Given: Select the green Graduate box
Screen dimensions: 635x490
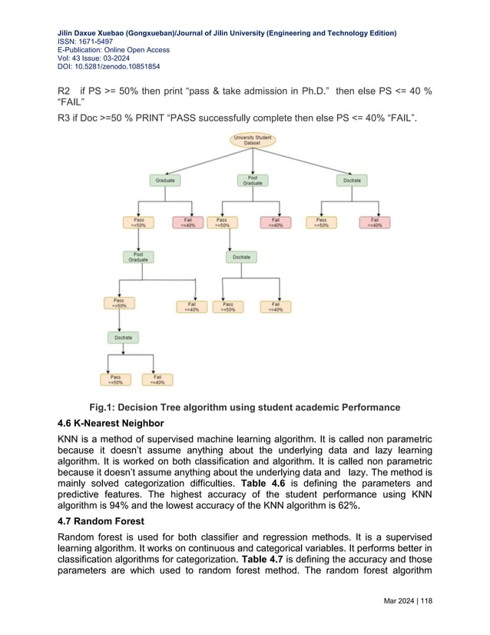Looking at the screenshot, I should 165,181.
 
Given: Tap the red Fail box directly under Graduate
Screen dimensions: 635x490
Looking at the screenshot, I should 187,222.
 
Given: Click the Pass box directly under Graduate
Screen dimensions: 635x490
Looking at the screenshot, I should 137,222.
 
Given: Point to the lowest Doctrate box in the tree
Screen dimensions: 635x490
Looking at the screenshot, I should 123,337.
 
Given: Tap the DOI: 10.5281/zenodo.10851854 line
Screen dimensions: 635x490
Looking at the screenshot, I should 111,67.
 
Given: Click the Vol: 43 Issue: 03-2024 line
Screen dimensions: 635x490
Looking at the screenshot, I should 98,58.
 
